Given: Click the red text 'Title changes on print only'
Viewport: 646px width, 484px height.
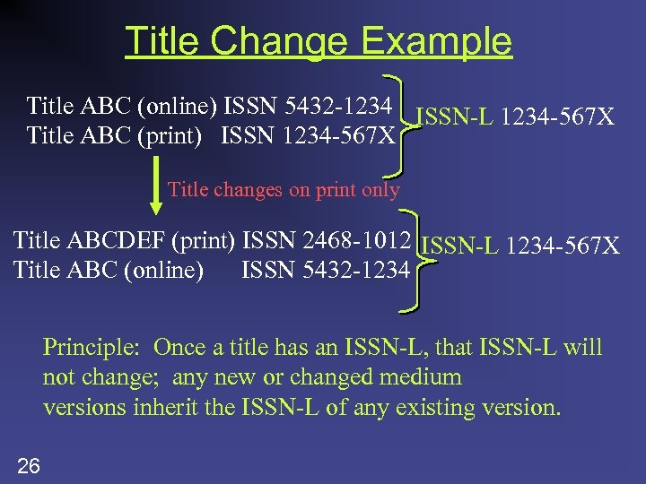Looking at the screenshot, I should click(x=284, y=189).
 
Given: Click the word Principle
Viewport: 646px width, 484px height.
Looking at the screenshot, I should click(x=93, y=347).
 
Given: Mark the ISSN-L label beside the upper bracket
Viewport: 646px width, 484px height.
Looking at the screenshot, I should click(x=456, y=117).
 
